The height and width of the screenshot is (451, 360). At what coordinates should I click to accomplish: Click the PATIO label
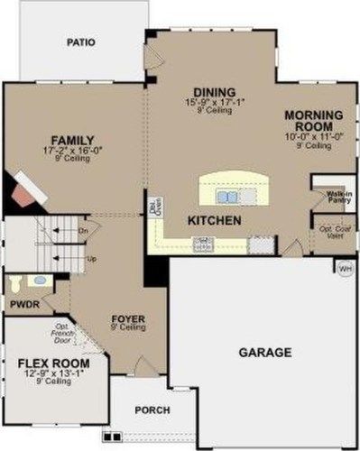[x=81, y=41]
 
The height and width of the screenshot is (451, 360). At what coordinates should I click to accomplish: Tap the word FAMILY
[x=72, y=140]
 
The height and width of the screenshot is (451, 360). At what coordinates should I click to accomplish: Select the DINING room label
[x=214, y=92]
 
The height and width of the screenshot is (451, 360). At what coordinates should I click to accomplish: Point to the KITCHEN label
[x=214, y=220]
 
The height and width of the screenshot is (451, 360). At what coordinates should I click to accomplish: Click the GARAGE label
[x=265, y=352]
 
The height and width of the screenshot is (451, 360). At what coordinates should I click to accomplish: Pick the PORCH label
[x=152, y=410]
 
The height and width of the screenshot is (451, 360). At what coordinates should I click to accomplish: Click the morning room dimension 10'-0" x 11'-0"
[x=312, y=136]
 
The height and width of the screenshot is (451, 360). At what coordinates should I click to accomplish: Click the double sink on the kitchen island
[x=227, y=195]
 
